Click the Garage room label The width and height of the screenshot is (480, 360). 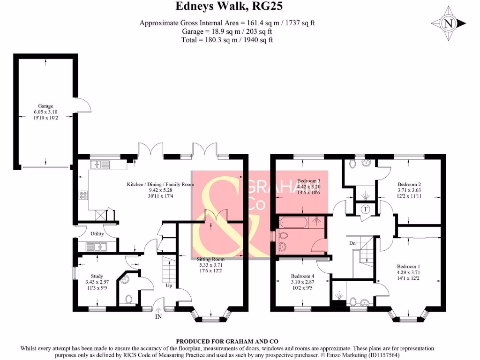[x=45, y=106]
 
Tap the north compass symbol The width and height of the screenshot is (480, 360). [x=448, y=23]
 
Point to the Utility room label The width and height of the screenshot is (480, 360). [x=97, y=233]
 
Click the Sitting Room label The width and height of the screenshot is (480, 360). [x=211, y=259]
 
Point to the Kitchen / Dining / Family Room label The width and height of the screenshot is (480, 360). [x=160, y=184]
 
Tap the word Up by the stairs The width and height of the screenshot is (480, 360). [x=168, y=285]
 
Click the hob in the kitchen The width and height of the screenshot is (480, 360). [x=84, y=195]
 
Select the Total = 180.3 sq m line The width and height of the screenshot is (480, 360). [x=227, y=40]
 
